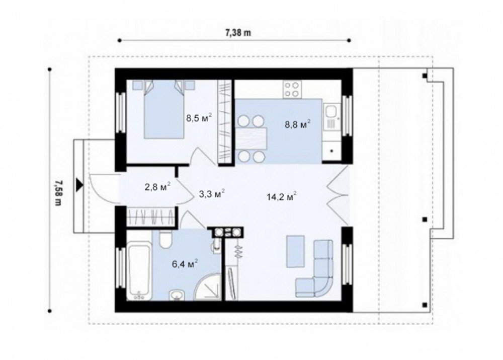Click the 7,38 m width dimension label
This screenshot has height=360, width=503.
pyautogui.click(x=238, y=33)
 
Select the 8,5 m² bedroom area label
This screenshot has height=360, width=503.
pyautogui.click(x=199, y=118)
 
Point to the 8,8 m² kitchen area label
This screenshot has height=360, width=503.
pyautogui.click(x=298, y=124)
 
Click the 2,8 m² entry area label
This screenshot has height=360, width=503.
pyautogui.click(x=157, y=187)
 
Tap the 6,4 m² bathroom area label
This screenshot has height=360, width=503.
pyautogui.click(x=185, y=264)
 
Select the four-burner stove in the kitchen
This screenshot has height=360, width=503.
pyautogui.click(x=292, y=90)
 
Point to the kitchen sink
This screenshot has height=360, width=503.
pyautogui.click(x=331, y=111)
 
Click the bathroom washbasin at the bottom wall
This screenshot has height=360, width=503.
pyautogui.click(x=177, y=295)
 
